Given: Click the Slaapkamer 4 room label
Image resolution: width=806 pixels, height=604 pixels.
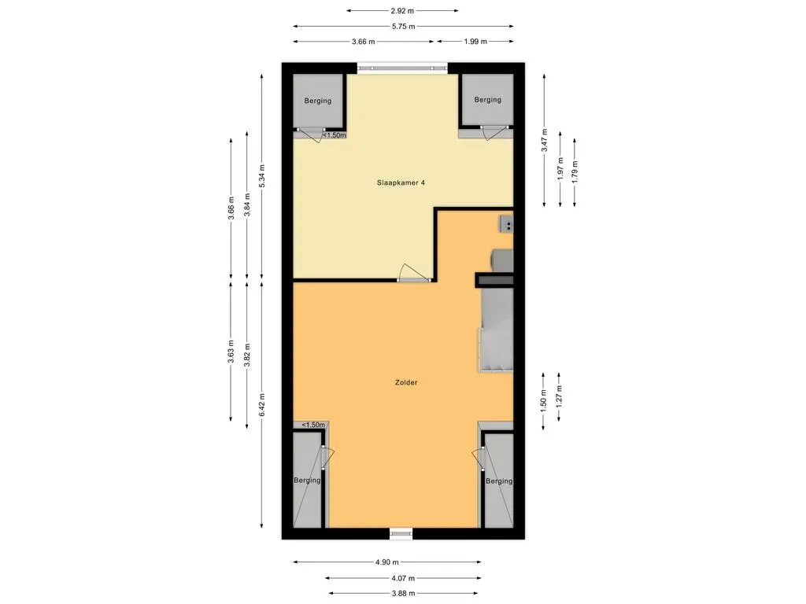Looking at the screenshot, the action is point(401,182).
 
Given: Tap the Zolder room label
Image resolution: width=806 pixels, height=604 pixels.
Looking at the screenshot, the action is point(406,383).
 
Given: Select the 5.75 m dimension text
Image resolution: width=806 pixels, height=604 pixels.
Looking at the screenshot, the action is point(404,26).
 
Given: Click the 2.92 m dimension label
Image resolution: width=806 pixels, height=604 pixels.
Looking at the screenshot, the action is point(402,11).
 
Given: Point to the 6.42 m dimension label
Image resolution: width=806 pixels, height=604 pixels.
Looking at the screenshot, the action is point(262,405).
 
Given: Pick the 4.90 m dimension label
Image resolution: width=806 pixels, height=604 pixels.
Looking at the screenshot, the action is point(387,562).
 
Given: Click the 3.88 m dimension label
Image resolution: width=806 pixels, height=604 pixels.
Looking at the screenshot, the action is point(404,594).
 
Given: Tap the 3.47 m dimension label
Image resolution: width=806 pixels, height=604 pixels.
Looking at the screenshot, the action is point(545,140).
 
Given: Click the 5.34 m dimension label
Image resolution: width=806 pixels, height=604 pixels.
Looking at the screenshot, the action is point(262,176).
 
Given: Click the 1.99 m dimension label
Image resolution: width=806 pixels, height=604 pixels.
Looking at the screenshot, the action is point(475,42).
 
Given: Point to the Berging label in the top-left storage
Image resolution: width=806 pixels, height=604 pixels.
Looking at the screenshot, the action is point(318,101).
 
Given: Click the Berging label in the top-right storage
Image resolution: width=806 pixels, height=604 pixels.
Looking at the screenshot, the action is point(487,100).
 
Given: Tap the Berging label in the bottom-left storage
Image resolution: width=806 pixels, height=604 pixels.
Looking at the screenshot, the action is point(307,481).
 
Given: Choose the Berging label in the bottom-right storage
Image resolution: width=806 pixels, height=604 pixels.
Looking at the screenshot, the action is point(498,481).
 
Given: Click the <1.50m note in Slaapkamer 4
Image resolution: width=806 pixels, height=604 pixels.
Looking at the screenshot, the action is point(334,135).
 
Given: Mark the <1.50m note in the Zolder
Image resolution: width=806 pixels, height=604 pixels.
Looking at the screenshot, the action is point(313,425).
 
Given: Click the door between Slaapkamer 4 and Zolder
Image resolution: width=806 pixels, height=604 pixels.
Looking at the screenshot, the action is point(414,274).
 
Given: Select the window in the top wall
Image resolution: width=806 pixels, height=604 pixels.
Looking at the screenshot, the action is point(402,68).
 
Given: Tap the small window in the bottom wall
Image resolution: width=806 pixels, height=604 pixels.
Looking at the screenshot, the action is point(401,534).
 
